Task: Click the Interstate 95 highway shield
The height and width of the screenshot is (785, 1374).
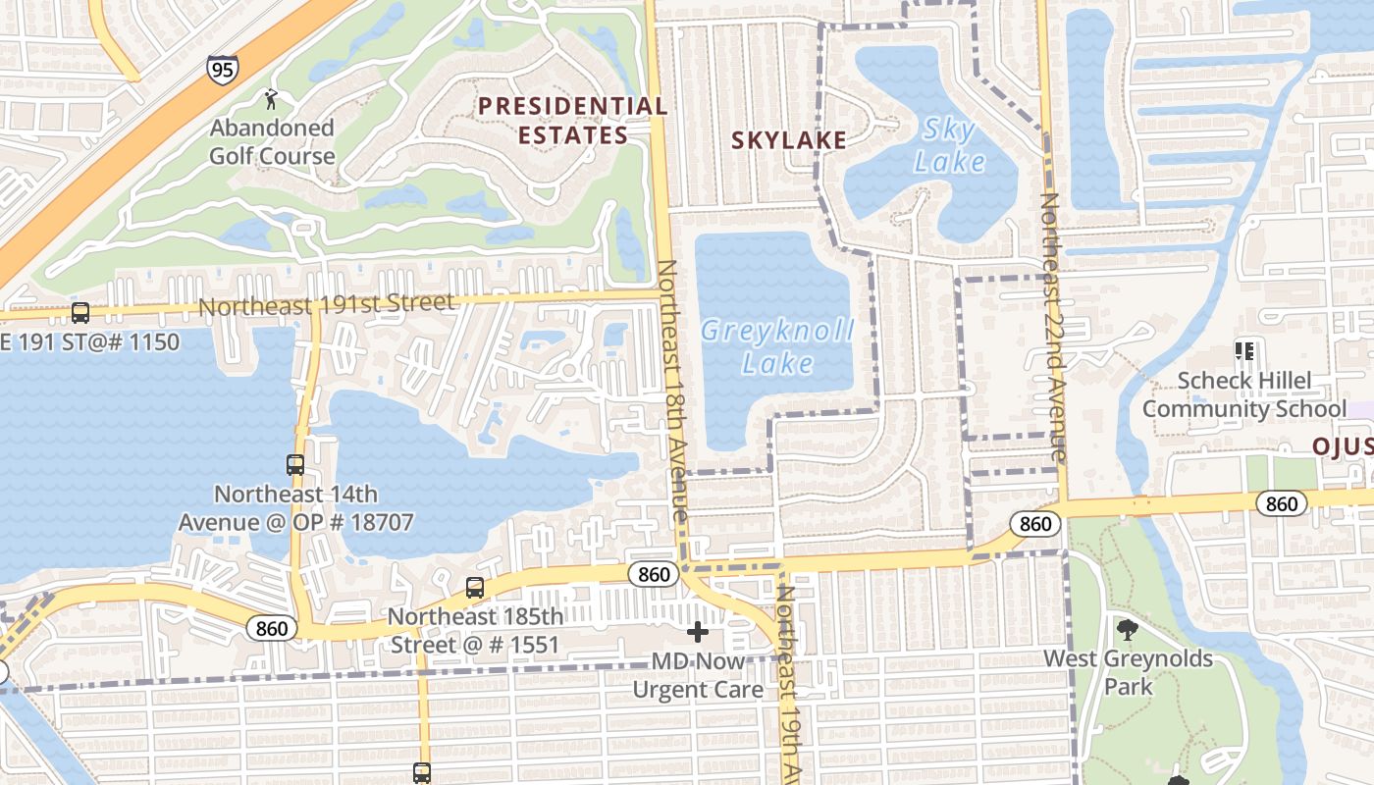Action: tap(222, 69)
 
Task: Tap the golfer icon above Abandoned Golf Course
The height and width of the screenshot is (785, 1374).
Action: tap(271, 98)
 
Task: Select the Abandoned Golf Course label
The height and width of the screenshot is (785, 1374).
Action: tap(272, 141)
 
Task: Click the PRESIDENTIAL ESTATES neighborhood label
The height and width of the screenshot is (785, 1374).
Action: tap(573, 120)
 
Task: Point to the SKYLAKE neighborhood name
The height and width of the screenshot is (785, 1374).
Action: tap(788, 140)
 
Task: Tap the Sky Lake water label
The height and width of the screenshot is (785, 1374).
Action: tap(949, 144)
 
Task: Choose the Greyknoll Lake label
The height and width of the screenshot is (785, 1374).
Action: tap(777, 346)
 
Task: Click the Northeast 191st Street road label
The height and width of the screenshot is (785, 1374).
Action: tap(327, 304)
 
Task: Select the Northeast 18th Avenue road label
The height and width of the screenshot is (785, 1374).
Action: tap(672, 391)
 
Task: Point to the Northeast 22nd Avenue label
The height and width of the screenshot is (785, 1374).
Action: tap(1052, 327)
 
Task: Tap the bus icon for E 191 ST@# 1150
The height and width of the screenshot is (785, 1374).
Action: tap(80, 313)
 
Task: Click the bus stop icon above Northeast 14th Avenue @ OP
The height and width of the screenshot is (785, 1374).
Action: tap(295, 464)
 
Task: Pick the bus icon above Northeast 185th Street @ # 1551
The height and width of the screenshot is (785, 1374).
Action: tap(475, 587)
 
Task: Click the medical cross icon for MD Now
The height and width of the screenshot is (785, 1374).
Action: tap(697, 632)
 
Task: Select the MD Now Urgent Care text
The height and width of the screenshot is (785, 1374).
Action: tap(697, 675)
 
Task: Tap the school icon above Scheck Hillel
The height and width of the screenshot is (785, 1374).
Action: tap(1244, 350)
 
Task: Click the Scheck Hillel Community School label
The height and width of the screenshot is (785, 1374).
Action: tap(1243, 394)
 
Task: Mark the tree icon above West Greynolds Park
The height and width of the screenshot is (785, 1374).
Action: tap(1127, 629)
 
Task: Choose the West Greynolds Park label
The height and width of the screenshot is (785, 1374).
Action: tap(1128, 671)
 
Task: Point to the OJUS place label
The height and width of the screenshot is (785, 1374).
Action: tap(1343, 446)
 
